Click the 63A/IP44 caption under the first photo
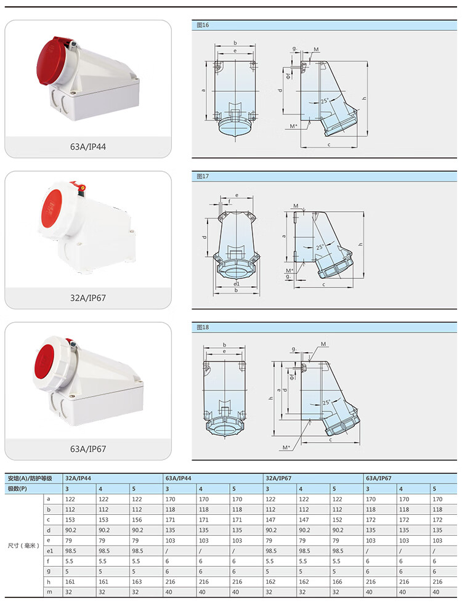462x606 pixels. click(x=87, y=147)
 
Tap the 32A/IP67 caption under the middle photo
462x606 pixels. click(x=87, y=298)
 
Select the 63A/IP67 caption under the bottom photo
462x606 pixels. click(x=87, y=449)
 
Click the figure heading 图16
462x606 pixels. click(x=203, y=25)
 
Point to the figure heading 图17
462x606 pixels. click(x=203, y=176)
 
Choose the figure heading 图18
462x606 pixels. click(x=203, y=328)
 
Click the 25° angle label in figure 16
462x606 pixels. click(x=325, y=101)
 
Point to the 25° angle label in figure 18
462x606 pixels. click(x=326, y=402)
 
